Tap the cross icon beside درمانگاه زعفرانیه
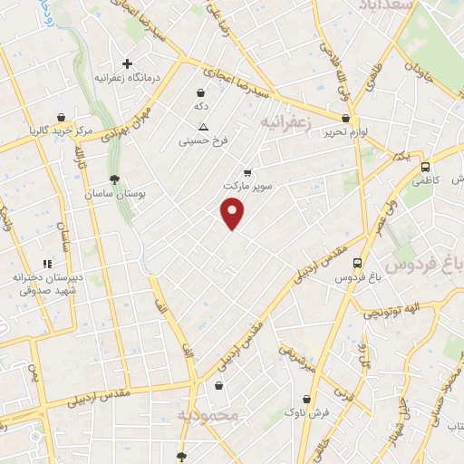[x=128, y=63]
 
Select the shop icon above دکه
[x=200, y=92]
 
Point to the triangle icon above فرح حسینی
[x=203, y=126]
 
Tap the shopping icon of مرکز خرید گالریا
[x=60, y=118]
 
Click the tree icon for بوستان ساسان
[x=113, y=179]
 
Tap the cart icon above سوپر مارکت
[x=247, y=171]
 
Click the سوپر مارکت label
[x=246, y=185]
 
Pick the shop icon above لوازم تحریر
[x=345, y=118]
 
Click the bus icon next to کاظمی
[x=425, y=167]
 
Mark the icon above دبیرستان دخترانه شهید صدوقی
[x=48, y=264]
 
